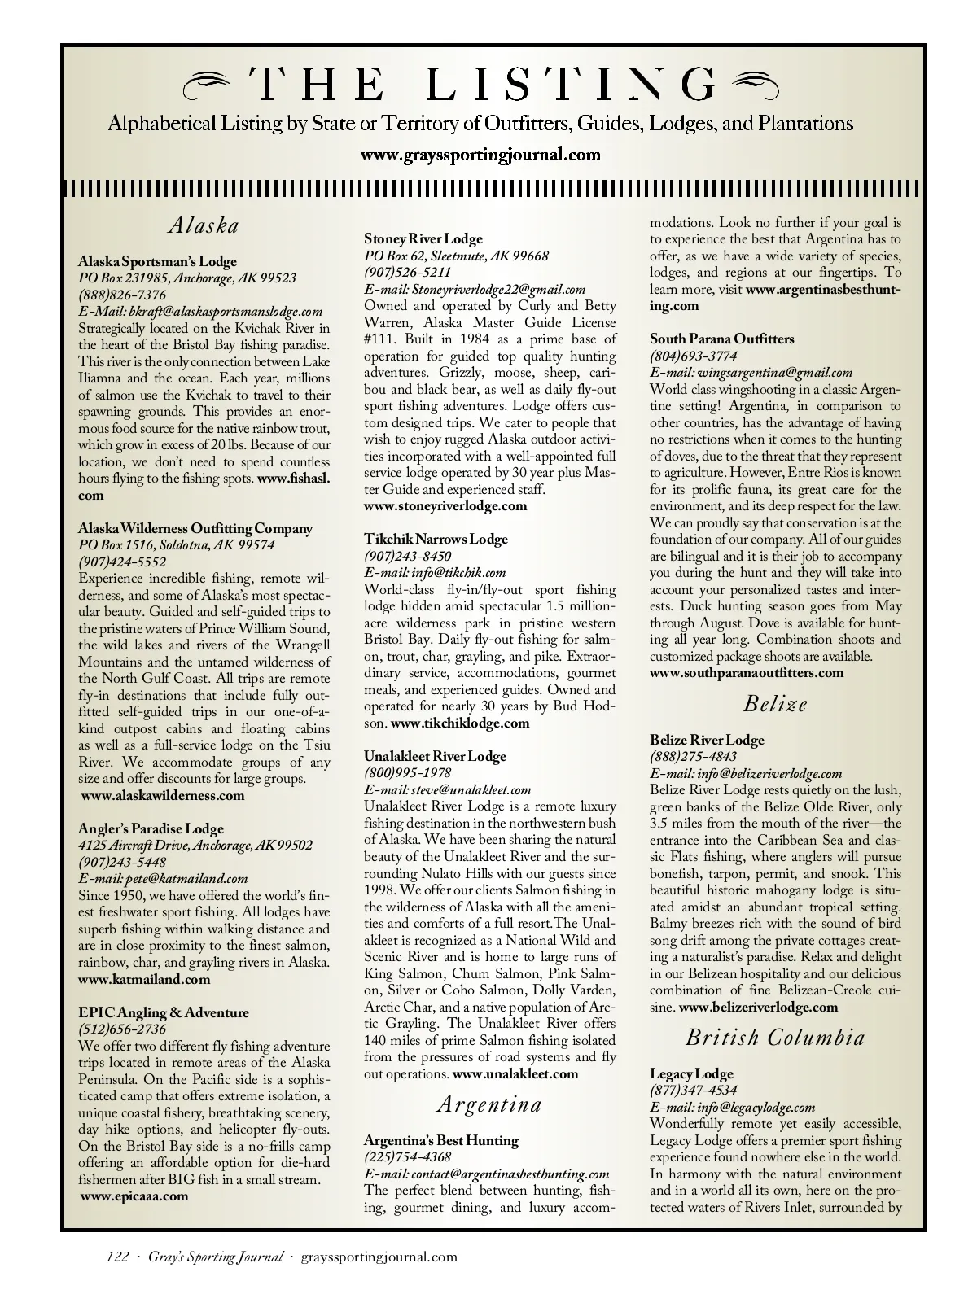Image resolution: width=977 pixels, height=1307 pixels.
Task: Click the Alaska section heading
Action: point(204,225)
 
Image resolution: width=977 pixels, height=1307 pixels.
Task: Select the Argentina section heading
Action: point(488,1104)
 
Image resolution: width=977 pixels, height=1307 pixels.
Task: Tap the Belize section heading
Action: point(775,704)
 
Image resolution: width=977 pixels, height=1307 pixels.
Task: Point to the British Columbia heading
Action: point(775,1038)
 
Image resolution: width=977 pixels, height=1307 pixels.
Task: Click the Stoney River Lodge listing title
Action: point(423,238)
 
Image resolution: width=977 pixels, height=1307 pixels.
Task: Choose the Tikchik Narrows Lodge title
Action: point(436,539)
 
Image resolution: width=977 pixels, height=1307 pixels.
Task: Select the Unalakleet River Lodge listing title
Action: point(435,756)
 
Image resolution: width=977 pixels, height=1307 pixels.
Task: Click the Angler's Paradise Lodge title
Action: point(151,828)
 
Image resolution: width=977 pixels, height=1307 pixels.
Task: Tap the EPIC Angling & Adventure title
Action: point(164,1012)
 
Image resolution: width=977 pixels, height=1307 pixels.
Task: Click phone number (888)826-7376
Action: point(122,295)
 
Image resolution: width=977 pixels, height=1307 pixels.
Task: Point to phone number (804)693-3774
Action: point(694,356)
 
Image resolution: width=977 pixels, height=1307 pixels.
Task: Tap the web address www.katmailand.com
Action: point(144,979)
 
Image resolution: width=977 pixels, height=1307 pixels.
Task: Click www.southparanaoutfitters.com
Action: point(747,672)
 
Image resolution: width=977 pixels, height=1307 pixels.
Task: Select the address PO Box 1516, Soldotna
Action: point(177,545)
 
